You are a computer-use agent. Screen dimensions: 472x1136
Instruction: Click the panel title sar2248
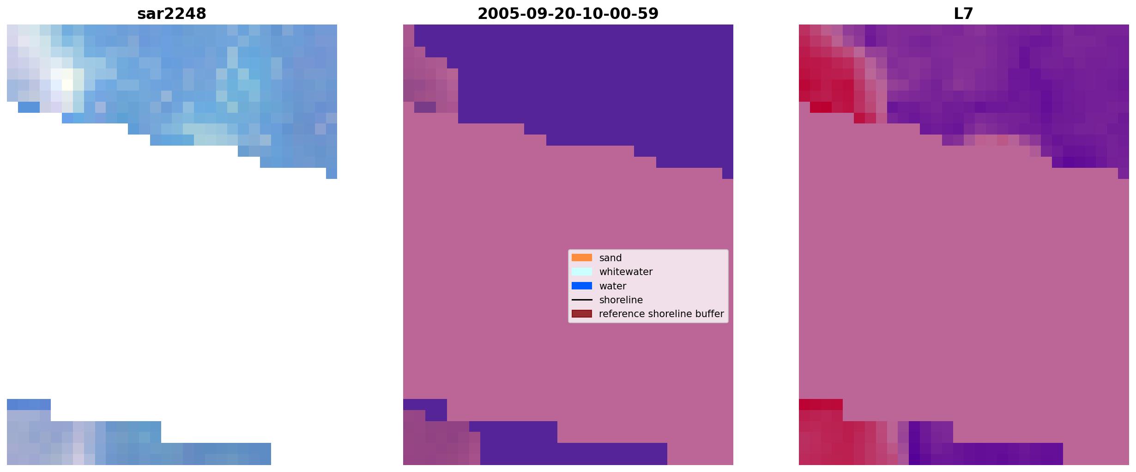(x=171, y=14)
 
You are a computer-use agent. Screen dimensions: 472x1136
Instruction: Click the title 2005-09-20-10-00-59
(x=568, y=14)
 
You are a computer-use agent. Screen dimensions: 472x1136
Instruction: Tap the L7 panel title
(x=963, y=14)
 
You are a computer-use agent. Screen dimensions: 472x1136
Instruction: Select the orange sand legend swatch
(x=581, y=257)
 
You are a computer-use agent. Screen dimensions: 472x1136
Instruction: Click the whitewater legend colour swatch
(x=581, y=272)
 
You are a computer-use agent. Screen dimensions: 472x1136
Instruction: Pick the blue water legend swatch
(x=581, y=286)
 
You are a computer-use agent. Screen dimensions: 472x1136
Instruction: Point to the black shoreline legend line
(x=581, y=300)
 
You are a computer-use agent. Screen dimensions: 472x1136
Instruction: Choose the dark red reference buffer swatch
(x=581, y=314)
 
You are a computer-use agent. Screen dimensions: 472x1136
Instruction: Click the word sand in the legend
(x=610, y=258)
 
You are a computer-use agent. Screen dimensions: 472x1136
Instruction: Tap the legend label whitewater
(x=626, y=272)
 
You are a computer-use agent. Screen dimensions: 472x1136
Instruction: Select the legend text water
(x=612, y=286)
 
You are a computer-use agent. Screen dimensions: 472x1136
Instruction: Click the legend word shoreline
(x=621, y=300)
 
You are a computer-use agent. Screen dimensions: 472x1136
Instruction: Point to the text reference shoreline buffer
(x=661, y=314)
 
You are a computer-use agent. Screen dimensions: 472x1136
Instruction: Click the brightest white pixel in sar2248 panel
(x=67, y=85)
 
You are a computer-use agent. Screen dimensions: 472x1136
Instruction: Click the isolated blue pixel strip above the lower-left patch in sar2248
(x=29, y=404)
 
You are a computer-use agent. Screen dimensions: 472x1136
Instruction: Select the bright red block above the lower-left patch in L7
(x=821, y=404)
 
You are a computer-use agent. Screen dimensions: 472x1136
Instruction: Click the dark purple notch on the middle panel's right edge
(x=727, y=173)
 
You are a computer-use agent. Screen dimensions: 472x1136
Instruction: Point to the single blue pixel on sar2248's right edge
(x=332, y=173)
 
